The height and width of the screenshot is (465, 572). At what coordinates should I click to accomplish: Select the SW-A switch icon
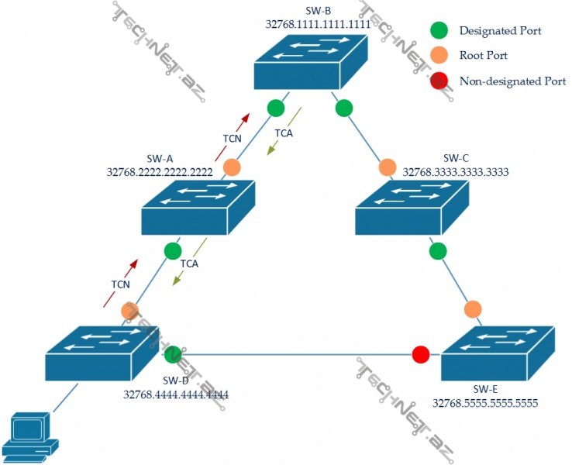198,207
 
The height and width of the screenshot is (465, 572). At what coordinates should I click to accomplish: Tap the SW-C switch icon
412,207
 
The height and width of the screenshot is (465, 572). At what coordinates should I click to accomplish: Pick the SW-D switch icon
102,352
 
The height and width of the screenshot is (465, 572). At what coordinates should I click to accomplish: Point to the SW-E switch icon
498,353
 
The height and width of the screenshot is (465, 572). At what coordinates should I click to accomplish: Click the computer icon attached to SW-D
29,438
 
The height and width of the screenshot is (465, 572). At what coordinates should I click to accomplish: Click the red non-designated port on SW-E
420,355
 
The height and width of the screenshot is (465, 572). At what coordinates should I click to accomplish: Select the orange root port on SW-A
232,167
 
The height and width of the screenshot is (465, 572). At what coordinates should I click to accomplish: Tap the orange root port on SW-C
387,167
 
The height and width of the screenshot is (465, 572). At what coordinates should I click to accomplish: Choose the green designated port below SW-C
438,251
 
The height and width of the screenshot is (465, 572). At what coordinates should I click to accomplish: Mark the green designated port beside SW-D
172,355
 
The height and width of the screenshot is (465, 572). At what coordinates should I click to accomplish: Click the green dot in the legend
439,31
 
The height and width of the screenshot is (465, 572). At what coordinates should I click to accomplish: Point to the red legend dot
439,80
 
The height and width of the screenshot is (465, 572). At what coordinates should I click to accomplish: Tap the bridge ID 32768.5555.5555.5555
485,403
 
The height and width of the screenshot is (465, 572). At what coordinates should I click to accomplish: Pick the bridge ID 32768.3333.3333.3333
456,172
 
